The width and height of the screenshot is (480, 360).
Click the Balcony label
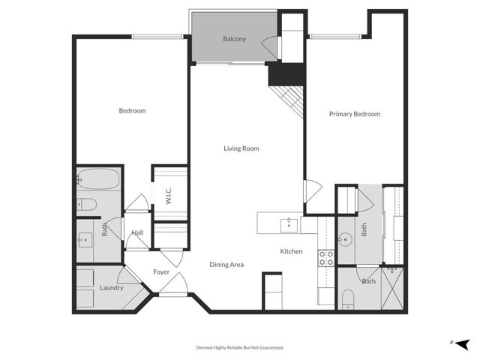pos(234,39)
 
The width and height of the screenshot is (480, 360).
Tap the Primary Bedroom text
pos(355,114)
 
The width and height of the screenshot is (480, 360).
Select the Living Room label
pos(241,148)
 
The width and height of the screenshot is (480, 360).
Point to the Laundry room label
pos(111,287)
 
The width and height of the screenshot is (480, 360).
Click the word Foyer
pos(161,271)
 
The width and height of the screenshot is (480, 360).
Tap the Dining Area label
pos(226,264)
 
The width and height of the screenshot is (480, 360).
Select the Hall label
pos(138,233)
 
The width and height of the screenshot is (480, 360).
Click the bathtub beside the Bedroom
pos(98,180)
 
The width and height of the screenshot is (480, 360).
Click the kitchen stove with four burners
pos(327,258)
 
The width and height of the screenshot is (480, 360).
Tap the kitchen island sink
pos(288,223)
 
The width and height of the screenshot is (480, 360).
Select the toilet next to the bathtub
pos(85,203)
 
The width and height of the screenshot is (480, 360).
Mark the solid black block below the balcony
pos(286,73)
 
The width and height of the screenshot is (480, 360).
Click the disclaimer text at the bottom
pos(240,347)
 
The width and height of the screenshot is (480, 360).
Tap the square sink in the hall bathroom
pos(86,240)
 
